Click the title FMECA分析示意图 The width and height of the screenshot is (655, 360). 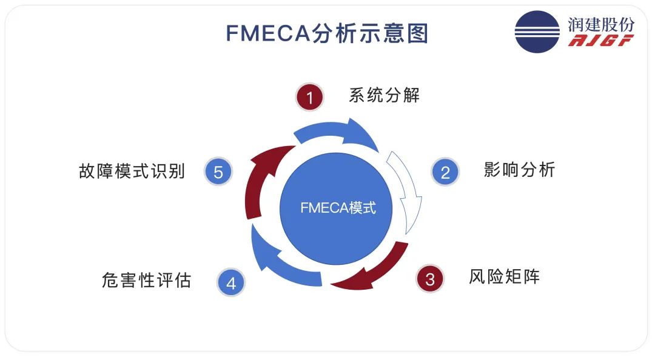click(x=327, y=34)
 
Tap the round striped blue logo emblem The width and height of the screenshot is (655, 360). click(x=537, y=32)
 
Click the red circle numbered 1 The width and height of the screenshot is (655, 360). click(x=310, y=98)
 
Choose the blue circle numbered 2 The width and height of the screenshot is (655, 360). click(x=445, y=173)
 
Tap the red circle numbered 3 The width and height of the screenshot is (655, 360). click(x=430, y=279)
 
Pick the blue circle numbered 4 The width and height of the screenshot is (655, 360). click(x=231, y=282)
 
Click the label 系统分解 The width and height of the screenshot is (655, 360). click(x=384, y=95)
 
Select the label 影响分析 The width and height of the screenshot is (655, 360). click(x=519, y=169)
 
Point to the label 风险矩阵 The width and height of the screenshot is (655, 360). click(x=504, y=277)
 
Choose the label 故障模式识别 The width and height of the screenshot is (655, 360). click(x=132, y=171)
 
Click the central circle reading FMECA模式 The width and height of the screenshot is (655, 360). click(x=337, y=208)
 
